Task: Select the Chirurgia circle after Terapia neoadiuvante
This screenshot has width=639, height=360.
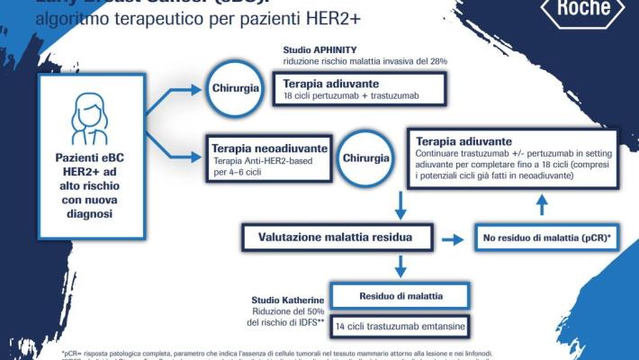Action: click(365, 157)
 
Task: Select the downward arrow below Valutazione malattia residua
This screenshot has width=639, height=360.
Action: click(400, 265)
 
